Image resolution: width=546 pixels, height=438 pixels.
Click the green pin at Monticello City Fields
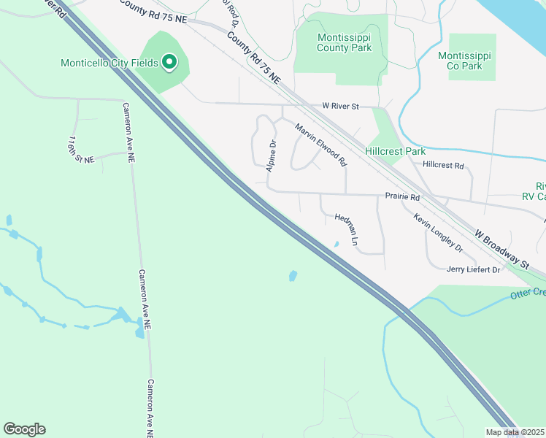point(169,63)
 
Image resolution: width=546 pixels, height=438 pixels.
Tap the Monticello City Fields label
point(109,64)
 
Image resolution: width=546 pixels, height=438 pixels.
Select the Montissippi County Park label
point(344,42)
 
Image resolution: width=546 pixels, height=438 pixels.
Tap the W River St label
point(341,107)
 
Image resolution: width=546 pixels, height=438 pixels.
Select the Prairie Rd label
point(402,197)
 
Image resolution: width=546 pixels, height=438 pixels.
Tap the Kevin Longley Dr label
point(438,233)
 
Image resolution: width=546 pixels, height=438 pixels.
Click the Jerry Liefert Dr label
point(473,270)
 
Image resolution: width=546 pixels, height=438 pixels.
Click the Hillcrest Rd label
point(443,166)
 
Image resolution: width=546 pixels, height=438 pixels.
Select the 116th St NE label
point(80,149)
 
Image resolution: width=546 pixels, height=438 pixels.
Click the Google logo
point(24,429)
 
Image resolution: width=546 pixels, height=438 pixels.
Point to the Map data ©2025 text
point(515,432)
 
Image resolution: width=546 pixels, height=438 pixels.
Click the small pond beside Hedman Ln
point(336,245)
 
